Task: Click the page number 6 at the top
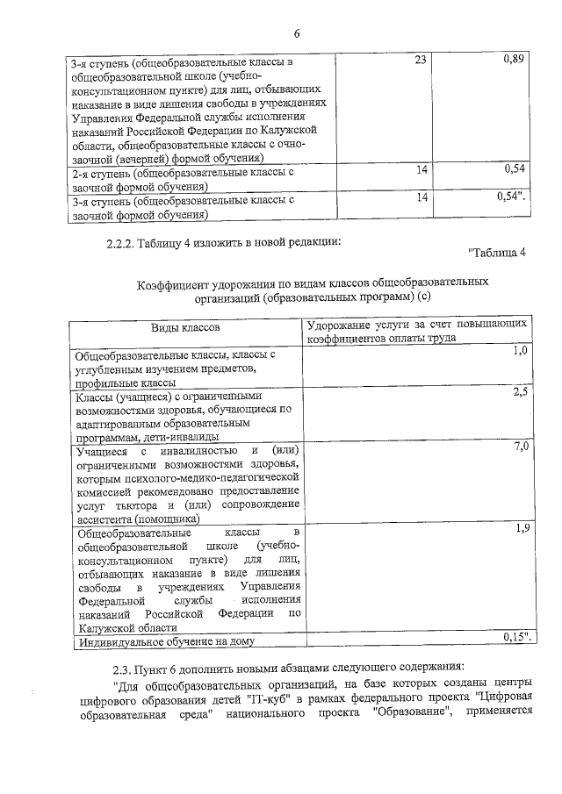[297, 33]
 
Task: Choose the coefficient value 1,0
[520, 351]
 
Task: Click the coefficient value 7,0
[520, 447]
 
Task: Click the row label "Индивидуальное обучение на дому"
[165, 643]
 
